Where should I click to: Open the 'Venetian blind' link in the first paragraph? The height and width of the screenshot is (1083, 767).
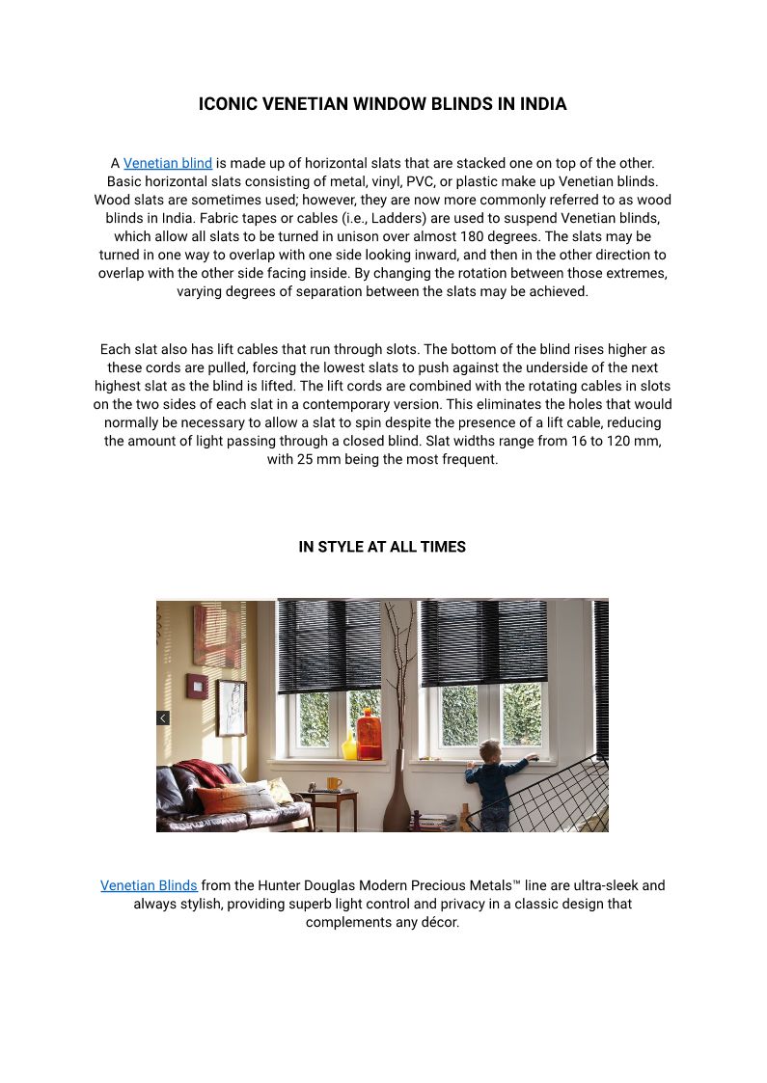click(x=168, y=163)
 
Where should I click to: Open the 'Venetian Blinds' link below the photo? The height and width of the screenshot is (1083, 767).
click(x=149, y=884)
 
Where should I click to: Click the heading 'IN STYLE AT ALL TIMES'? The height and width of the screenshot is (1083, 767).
click(x=382, y=547)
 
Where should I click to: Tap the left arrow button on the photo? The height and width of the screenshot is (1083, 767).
click(x=163, y=717)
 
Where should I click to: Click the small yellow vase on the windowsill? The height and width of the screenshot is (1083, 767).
click(x=349, y=745)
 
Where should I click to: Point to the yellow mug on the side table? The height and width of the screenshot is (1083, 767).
click(x=334, y=783)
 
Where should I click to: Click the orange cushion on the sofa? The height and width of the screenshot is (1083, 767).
click(x=223, y=798)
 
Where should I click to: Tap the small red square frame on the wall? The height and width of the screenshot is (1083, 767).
click(x=197, y=686)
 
